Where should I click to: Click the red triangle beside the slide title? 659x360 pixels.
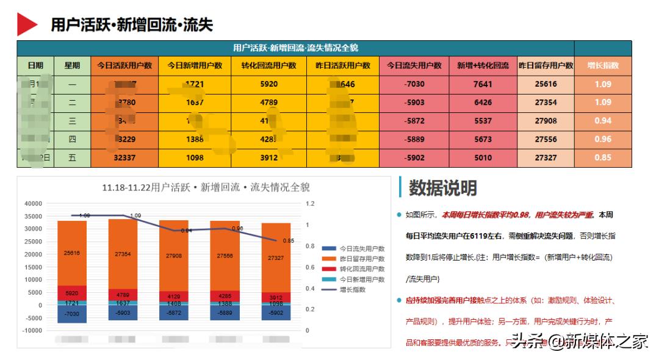27,24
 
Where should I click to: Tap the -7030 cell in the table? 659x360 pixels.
414,84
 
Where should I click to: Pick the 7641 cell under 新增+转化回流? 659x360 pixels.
483,84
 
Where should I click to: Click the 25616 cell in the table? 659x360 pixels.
546,84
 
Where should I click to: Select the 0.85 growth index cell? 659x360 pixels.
603,157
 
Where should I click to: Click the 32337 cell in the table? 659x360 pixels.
124,157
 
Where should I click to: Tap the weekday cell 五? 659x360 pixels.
72,157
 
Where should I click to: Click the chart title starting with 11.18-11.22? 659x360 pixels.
206,187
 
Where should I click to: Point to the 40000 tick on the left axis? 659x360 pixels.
33,204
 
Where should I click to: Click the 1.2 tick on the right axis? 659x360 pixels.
310,204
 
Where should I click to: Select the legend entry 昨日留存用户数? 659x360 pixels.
361,259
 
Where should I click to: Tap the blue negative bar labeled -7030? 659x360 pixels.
72,314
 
